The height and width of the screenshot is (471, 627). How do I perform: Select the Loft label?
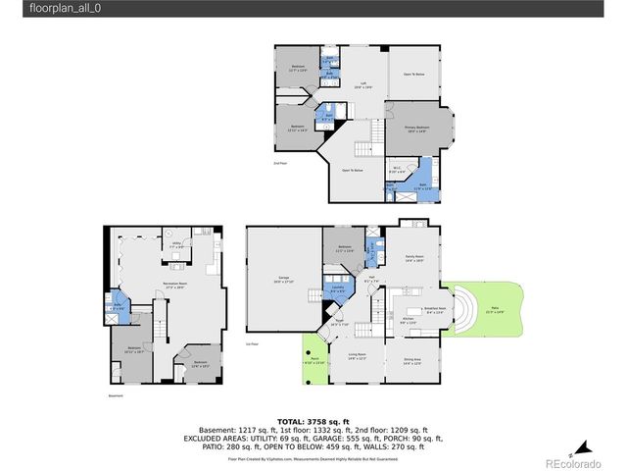coord(362,85)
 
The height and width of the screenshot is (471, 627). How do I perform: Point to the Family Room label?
coord(414,258)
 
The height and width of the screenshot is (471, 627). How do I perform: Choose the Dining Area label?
coord(412,362)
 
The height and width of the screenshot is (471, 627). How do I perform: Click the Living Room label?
coord(358,356)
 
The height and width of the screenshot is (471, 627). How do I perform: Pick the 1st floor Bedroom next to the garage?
coord(344,248)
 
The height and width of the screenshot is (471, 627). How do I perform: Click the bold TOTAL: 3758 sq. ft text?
coord(313,416)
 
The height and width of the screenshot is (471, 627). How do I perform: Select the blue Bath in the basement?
coord(118,305)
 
